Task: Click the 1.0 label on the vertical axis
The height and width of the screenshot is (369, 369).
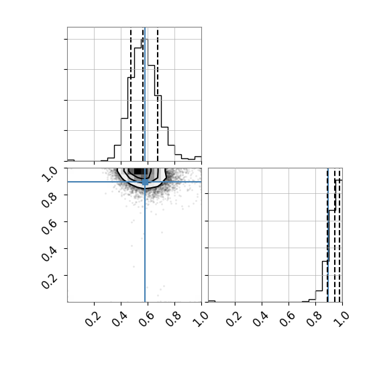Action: coord(49,174)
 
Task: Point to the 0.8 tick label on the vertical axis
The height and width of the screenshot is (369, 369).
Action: coord(49,200)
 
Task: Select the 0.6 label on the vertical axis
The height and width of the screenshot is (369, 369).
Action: coord(49,227)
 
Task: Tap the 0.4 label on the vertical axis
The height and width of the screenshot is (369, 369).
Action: coord(49,254)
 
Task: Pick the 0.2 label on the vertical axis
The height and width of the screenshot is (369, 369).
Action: coord(49,280)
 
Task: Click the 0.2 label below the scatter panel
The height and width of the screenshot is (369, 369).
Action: coord(93,319)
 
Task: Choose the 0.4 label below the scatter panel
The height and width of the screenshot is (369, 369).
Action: coord(119,319)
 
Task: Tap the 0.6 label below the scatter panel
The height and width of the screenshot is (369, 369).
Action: coord(146,319)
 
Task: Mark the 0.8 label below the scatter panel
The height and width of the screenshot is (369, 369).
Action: coord(173,319)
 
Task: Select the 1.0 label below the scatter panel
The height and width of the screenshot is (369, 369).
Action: coord(200,319)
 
